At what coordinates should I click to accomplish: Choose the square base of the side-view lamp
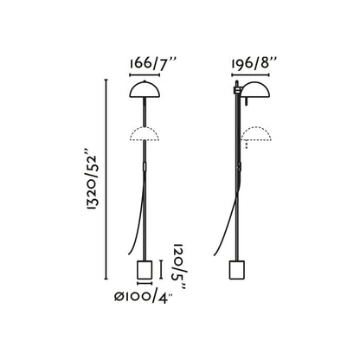point(235,271)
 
